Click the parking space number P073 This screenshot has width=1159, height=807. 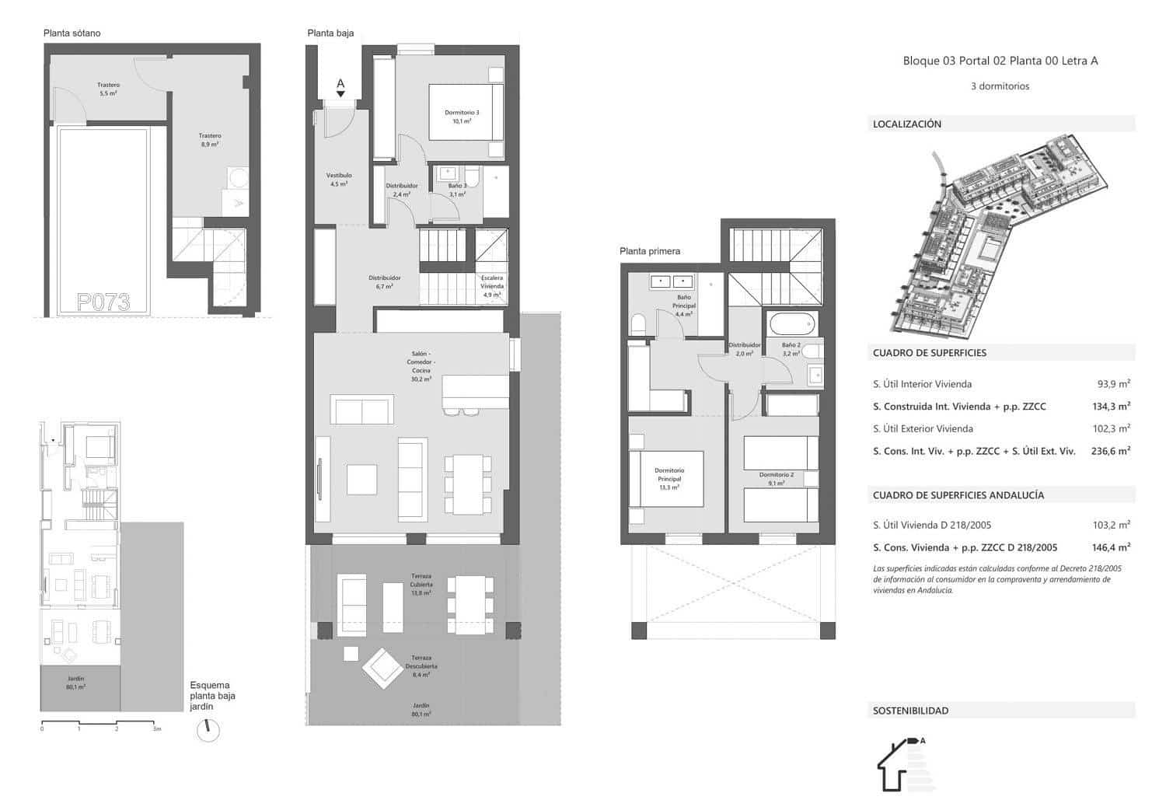pos(103,302)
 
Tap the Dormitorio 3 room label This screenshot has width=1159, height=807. pos(462,117)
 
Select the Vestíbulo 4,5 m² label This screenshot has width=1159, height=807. pos(339,180)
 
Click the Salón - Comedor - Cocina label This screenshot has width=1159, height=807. pos(421,366)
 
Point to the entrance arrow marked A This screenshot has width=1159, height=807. pos(340,87)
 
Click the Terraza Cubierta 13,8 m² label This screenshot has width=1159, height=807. pos(421,585)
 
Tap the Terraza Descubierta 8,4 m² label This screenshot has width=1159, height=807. pos(421,666)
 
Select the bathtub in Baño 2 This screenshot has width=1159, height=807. pos(791,322)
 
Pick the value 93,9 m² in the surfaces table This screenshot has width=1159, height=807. pos(1113,383)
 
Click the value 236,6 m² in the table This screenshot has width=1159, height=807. pos(1111,451)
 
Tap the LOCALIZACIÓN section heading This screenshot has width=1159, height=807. pos(906,124)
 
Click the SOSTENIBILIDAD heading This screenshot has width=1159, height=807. pos(910,711)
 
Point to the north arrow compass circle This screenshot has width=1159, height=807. pos(208,730)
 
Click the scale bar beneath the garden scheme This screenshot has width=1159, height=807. pos(100,724)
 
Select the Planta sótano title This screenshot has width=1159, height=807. pos(72,33)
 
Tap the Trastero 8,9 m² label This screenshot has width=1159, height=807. pos(210,140)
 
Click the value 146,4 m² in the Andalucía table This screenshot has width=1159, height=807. pos(1111,547)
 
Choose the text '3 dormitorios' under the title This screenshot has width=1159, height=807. pos(1000,86)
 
